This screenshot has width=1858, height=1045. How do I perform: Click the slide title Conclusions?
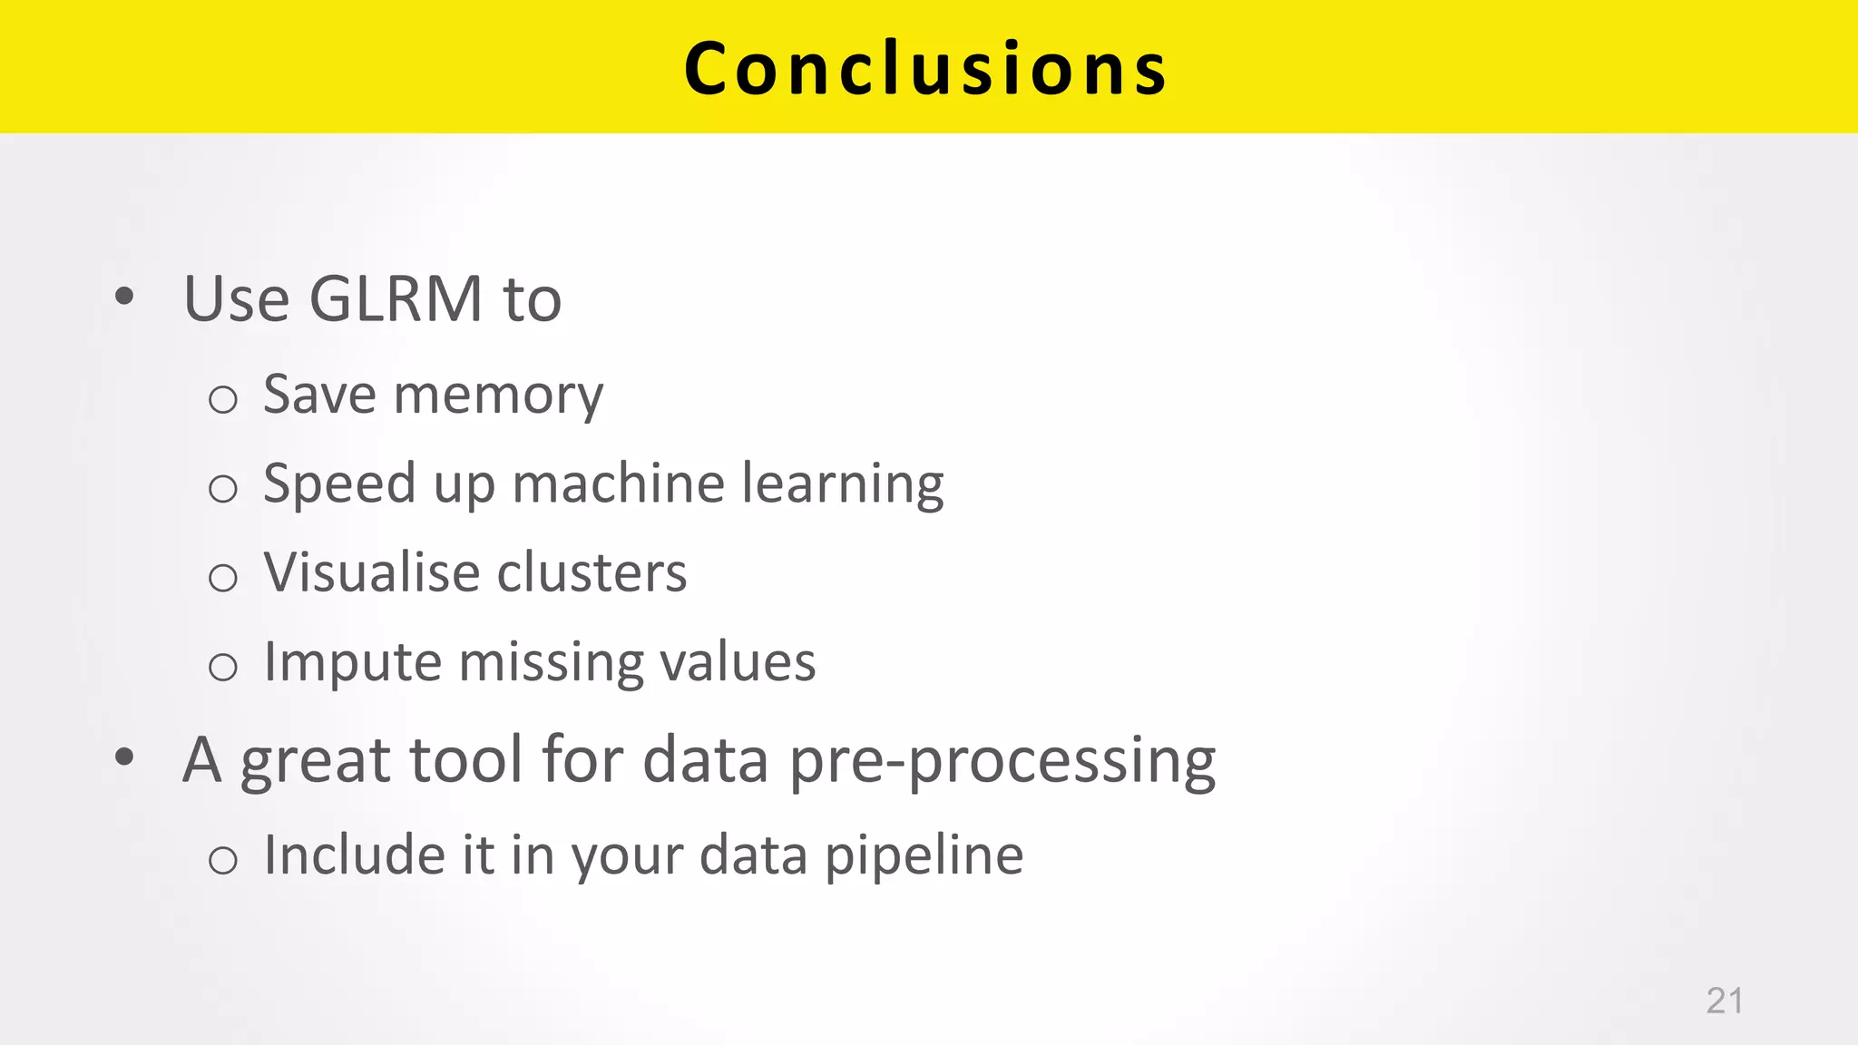pyautogui.click(x=925, y=68)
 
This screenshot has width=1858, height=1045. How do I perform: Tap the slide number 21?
pyautogui.click(x=1724, y=1001)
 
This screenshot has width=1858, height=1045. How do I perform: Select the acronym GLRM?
pyautogui.click(x=396, y=298)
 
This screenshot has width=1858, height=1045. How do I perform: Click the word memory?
pyautogui.click(x=498, y=396)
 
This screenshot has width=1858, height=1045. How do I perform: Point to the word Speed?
pyautogui.click(x=338, y=483)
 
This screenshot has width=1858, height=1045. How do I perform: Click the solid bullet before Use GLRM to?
pyautogui.click(x=125, y=296)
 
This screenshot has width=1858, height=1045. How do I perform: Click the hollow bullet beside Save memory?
pyautogui.click(x=223, y=400)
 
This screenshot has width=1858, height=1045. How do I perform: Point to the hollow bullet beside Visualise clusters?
pyautogui.click(x=223, y=578)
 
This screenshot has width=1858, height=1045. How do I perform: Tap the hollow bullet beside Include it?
pyautogui.click(x=223, y=860)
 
